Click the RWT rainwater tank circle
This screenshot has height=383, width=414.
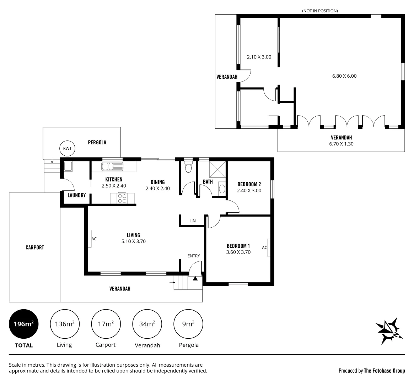pyautogui.click(x=67, y=149)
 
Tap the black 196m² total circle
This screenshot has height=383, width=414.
pyautogui.click(x=23, y=324)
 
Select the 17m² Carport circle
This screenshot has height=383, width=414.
pyautogui.click(x=106, y=324)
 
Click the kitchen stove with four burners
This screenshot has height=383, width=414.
pyautogui.click(x=122, y=198)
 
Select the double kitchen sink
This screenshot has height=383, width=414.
pyautogui.click(x=112, y=166)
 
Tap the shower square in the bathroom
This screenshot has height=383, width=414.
pyautogui.click(x=217, y=168)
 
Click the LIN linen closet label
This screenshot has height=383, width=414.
pyautogui.click(x=192, y=221)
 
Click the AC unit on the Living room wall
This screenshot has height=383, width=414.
pyautogui.click(x=90, y=239)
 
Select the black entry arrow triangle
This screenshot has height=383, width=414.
pyautogui.click(x=195, y=278)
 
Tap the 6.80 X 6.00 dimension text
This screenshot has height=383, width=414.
pyautogui.click(x=344, y=76)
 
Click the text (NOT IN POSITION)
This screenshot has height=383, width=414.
pyautogui.click(x=320, y=11)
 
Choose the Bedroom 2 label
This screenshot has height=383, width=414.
pyautogui.click(x=249, y=184)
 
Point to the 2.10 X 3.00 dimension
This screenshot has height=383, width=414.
pyautogui.click(x=259, y=56)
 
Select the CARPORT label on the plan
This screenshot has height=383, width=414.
pyautogui.click(x=35, y=248)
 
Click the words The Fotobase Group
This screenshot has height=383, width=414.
pyautogui.click(x=384, y=371)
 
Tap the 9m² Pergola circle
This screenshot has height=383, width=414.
pyautogui.click(x=188, y=324)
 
